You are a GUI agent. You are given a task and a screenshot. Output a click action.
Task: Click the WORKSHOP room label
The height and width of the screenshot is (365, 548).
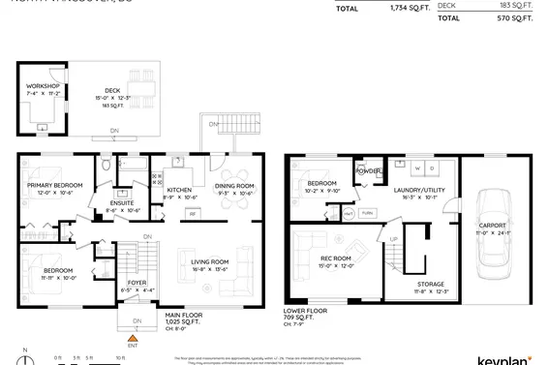click(x=43, y=86)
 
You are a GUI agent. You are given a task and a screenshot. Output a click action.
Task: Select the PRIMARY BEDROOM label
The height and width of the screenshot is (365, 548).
click(x=55, y=185)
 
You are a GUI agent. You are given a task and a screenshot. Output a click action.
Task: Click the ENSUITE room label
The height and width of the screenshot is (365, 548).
click(x=122, y=202)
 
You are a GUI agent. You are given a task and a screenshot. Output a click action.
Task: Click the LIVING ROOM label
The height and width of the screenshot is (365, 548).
click(x=209, y=261)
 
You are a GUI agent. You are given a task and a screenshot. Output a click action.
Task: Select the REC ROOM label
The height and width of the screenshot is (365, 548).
click(x=335, y=258)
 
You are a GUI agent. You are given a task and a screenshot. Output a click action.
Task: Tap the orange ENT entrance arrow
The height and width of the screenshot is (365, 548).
click(x=133, y=335)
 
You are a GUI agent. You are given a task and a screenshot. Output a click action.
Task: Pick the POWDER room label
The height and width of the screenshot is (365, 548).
click(x=369, y=171)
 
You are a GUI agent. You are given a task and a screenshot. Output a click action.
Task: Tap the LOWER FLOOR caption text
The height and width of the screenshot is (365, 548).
click(x=305, y=311)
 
